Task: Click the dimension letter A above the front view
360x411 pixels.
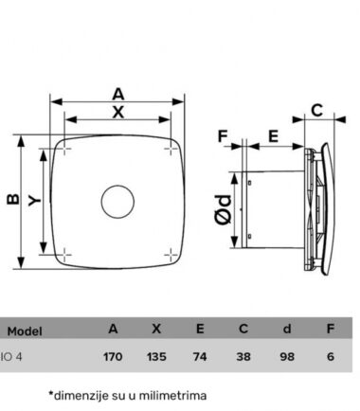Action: tap(118, 94)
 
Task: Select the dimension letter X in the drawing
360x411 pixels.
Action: tap(118, 112)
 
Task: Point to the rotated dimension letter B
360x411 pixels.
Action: tap(13, 199)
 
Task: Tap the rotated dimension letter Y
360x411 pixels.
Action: tap(34, 200)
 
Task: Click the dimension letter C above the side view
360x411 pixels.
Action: tap(316, 111)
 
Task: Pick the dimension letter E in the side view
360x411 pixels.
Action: tap(273, 136)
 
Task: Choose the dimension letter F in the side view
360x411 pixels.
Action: tap(223, 136)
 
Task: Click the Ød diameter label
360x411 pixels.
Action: tap(224, 209)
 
